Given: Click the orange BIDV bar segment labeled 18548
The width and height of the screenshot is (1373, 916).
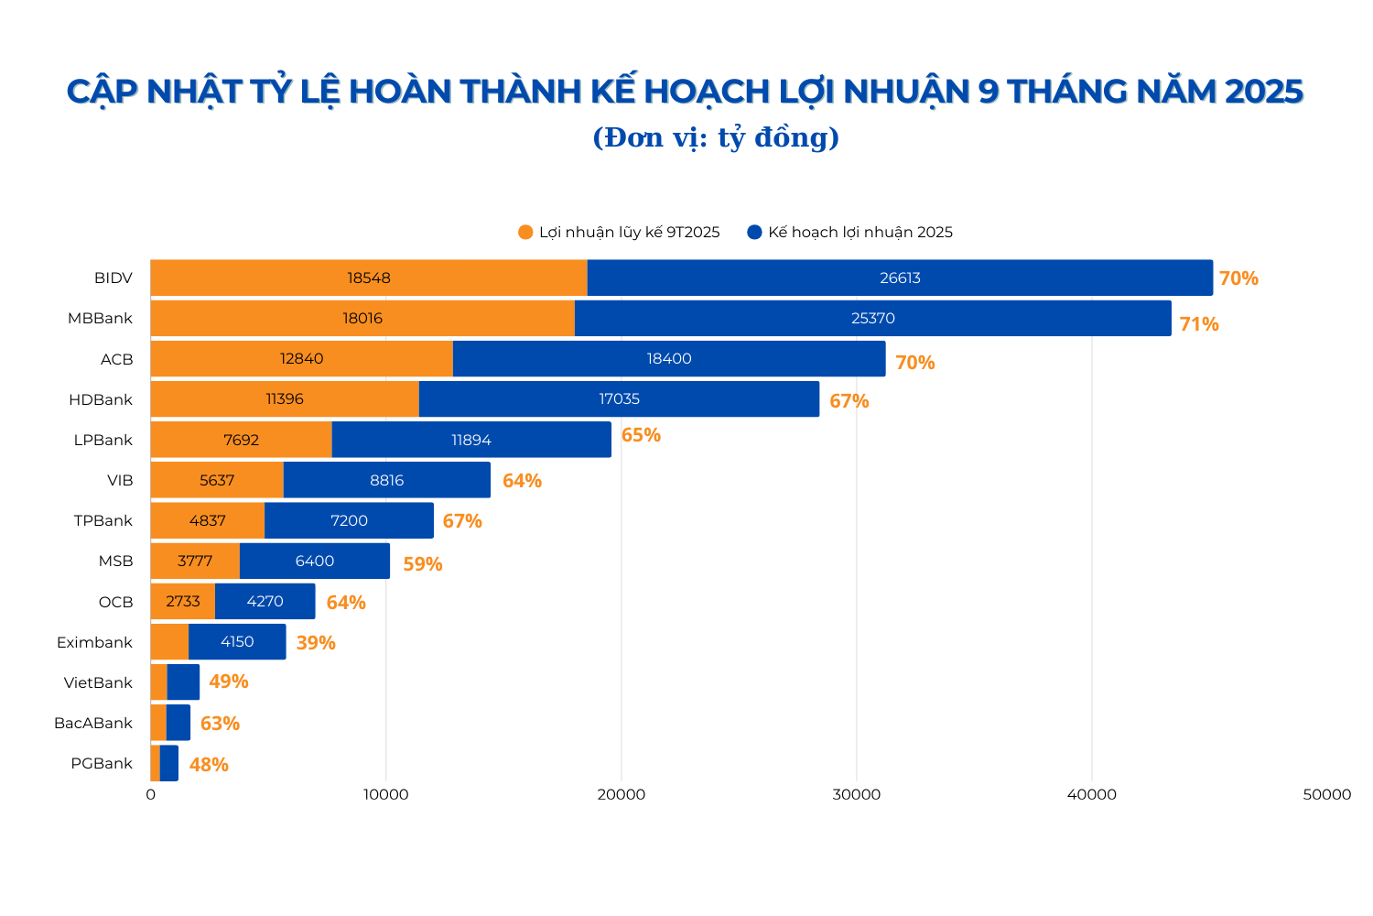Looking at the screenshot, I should (369, 278).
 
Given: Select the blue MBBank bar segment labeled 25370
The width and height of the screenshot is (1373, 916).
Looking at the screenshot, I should (872, 319).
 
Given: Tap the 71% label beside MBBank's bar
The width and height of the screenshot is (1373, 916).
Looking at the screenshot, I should (1198, 324).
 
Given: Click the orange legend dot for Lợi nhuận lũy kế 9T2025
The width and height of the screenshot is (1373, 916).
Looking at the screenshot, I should (525, 233).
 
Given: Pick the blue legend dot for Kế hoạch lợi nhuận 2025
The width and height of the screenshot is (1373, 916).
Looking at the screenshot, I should (754, 233).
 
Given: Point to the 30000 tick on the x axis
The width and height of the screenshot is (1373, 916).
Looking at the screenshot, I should (856, 795).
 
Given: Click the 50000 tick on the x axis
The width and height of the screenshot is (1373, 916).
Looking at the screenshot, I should (1326, 795).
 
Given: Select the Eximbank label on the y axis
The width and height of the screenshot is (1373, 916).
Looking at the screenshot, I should (94, 642).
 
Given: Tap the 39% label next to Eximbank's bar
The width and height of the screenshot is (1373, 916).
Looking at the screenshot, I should (316, 643).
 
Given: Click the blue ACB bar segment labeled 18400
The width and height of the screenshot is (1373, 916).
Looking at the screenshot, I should (669, 359).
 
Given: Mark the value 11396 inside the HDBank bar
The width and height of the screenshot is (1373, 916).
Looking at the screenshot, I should (285, 399).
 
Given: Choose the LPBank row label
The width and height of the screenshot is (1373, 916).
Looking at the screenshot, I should (103, 440).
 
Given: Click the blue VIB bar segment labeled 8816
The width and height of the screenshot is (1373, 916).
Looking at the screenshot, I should (386, 480).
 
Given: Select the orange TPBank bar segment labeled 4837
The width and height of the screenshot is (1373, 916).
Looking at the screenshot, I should (208, 520).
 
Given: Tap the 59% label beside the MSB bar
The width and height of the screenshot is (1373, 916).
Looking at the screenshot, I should (423, 564).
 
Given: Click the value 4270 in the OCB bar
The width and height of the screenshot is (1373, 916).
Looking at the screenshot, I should (265, 602).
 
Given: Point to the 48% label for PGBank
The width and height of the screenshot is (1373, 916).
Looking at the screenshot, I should (209, 765).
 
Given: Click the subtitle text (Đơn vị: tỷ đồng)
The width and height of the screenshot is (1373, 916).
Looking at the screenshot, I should (716, 137).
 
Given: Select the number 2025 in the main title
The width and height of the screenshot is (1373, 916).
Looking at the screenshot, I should (1263, 92).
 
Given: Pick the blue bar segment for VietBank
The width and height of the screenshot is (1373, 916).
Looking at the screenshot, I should (183, 682).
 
